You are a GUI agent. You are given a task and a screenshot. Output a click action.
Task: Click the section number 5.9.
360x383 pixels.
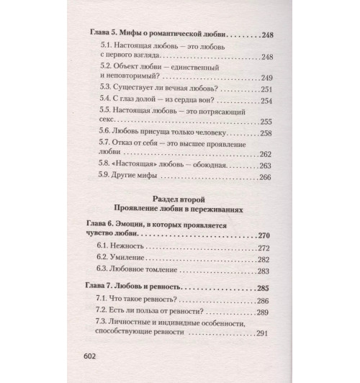coord(104,177)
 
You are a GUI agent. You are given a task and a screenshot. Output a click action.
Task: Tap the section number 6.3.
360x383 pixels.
coord(104,271)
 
